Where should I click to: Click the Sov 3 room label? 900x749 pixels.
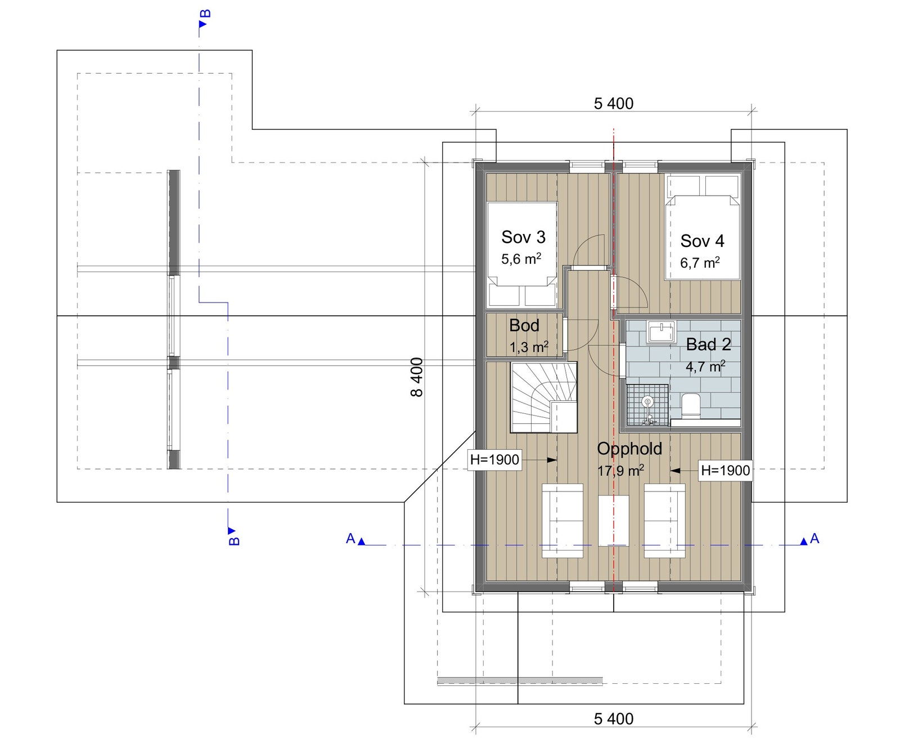coord(523,237)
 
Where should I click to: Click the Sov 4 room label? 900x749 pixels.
coord(702,241)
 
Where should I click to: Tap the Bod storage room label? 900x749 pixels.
coord(524,326)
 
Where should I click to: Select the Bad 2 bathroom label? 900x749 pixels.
coord(708,344)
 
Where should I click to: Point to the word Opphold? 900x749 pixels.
coord(629,449)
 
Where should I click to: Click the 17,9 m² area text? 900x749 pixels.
coord(620,470)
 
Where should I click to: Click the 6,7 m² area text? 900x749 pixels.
coord(700,263)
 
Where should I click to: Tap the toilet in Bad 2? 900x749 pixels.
coord(690,406)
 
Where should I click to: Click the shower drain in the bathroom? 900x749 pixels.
coord(647,401)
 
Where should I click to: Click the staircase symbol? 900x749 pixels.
coord(543,397)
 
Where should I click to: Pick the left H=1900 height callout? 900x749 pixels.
coord(494,459)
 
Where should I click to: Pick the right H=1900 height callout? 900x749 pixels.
coord(725,471)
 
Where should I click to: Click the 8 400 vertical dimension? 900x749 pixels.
coord(417,377)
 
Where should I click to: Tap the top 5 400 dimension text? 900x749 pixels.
coord(613,103)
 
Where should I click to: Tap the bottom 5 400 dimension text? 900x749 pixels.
coord(613,719)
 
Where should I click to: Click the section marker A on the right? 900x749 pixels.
coord(814,539)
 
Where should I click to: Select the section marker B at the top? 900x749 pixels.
coord(205,14)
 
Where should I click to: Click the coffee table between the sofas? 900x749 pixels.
coord(613,520)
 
